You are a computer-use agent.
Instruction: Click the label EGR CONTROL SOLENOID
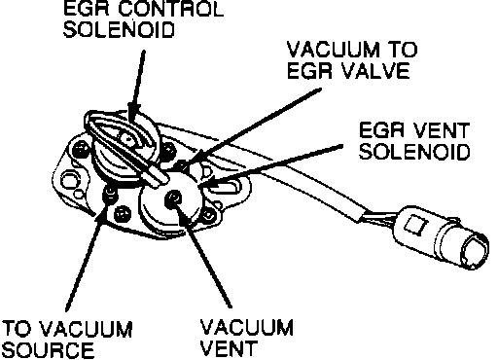[x=143, y=19]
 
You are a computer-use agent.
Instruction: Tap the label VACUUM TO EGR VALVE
[x=352, y=60]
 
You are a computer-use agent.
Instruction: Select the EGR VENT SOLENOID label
[x=414, y=141]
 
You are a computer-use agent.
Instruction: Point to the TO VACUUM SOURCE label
[x=67, y=340]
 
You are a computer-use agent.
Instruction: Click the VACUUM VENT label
[x=246, y=338]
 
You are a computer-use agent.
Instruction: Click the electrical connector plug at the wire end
[x=441, y=236]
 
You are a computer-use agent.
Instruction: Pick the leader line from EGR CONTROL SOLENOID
[x=136, y=85]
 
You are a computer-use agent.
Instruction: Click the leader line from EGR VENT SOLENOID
[x=271, y=165]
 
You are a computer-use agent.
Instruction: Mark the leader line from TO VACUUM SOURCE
[x=87, y=257]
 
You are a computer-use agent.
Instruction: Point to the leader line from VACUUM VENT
[x=204, y=256]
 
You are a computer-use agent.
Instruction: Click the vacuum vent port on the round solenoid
[x=173, y=198]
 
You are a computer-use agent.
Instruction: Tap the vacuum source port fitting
[x=110, y=195]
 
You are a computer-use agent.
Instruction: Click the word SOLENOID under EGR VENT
[x=415, y=151]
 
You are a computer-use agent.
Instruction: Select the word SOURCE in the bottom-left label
[x=50, y=350]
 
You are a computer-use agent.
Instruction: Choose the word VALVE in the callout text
[x=376, y=71]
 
